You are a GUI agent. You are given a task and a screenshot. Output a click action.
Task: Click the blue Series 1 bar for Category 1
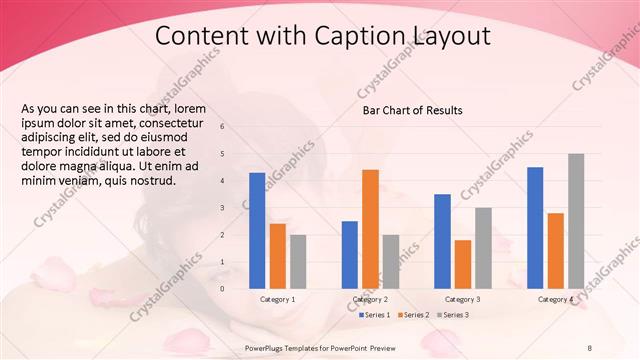click(257, 230)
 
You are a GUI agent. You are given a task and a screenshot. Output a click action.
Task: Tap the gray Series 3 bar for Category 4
click(576, 220)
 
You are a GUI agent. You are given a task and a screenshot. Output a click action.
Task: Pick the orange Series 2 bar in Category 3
click(463, 263)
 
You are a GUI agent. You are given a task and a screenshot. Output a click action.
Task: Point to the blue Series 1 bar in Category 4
click(535, 227)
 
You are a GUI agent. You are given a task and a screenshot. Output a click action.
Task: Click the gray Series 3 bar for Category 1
click(298, 261)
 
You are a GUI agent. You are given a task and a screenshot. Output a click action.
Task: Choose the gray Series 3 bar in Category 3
click(483, 247)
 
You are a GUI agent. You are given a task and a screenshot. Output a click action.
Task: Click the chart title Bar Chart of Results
click(412, 110)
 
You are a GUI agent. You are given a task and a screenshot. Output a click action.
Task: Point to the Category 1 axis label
click(278, 299)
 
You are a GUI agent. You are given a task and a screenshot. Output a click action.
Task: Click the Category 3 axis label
click(463, 299)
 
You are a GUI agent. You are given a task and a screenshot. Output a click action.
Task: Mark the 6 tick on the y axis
click(222, 127)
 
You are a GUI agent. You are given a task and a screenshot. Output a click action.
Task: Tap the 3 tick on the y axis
click(222, 208)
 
